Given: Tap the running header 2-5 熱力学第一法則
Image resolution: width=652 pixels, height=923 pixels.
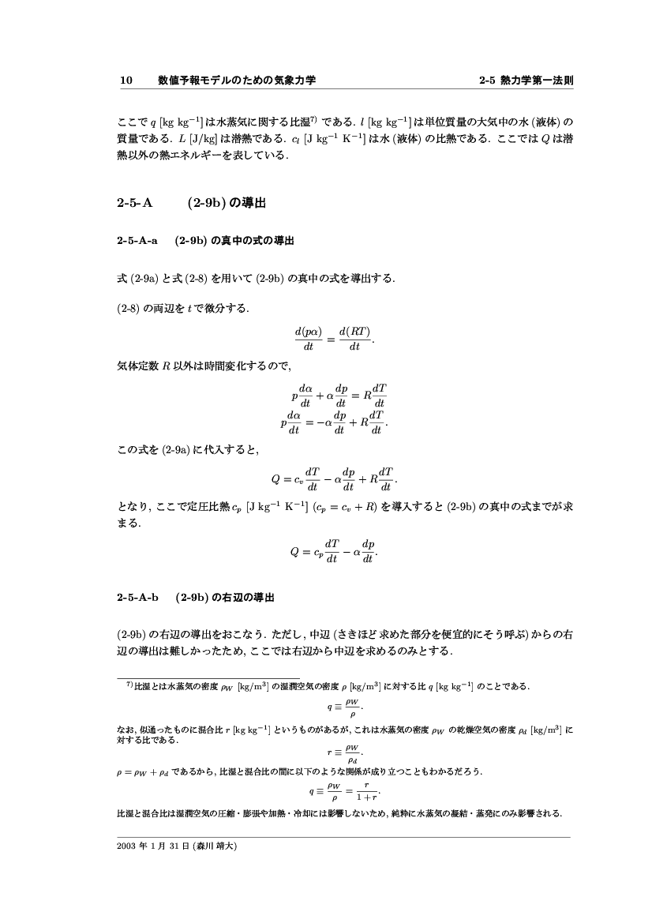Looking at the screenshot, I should click(526, 81).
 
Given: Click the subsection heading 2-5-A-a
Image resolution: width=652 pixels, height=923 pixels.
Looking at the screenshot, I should click(137, 241).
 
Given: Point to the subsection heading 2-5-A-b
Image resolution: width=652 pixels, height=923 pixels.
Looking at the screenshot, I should click(137, 597).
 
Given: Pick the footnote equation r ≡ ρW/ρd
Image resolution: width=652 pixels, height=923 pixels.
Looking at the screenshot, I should click(344, 752).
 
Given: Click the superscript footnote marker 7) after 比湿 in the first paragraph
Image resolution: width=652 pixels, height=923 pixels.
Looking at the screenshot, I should click(313, 119).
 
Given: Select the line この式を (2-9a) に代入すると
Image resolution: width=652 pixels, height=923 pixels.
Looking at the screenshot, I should click(188, 450).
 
